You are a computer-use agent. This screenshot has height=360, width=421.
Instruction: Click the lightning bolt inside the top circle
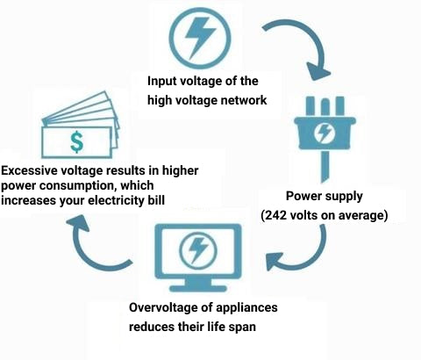click(x=199, y=37)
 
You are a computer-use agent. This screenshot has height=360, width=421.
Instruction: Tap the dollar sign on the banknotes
click(x=77, y=142)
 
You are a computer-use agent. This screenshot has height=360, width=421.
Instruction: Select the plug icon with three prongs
click(x=325, y=139)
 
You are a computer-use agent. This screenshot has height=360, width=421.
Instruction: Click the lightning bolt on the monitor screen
click(x=197, y=250)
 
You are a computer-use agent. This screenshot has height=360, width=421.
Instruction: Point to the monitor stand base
click(x=198, y=288)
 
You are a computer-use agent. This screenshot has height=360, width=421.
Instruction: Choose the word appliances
click(x=248, y=308)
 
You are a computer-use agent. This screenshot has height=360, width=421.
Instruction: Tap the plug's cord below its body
click(x=325, y=166)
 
